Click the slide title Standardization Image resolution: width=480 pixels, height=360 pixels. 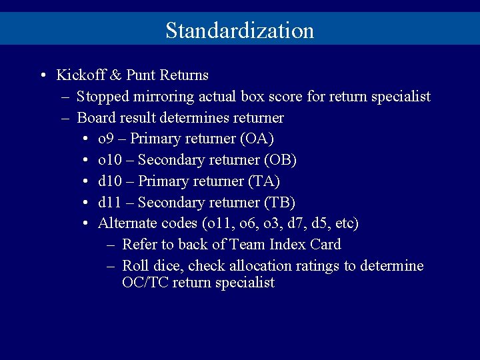(239, 31)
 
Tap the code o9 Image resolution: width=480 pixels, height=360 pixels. (105, 139)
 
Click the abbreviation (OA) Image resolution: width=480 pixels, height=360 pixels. (257, 139)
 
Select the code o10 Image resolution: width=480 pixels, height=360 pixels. (109, 161)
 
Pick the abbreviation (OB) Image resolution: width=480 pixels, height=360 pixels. (281, 161)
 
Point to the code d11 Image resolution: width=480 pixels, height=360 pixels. (109, 203)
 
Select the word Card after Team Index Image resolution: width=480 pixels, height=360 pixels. (325, 245)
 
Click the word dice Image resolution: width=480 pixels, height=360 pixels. (170, 266)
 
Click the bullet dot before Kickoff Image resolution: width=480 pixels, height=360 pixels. (42, 75)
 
